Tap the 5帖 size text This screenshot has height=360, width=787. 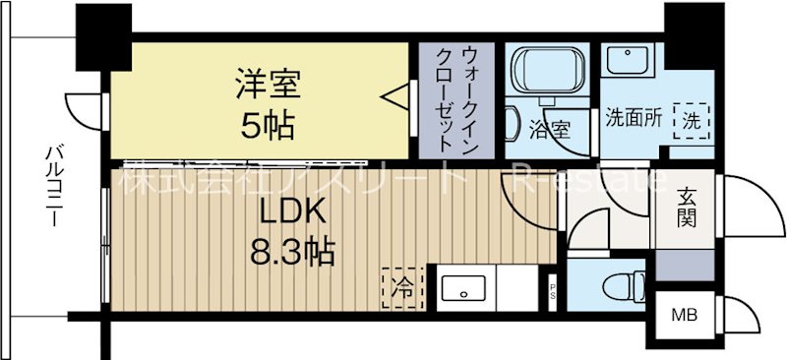(263, 125)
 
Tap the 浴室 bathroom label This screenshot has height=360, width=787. (549, 127)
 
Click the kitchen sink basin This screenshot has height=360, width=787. (460, 290)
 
